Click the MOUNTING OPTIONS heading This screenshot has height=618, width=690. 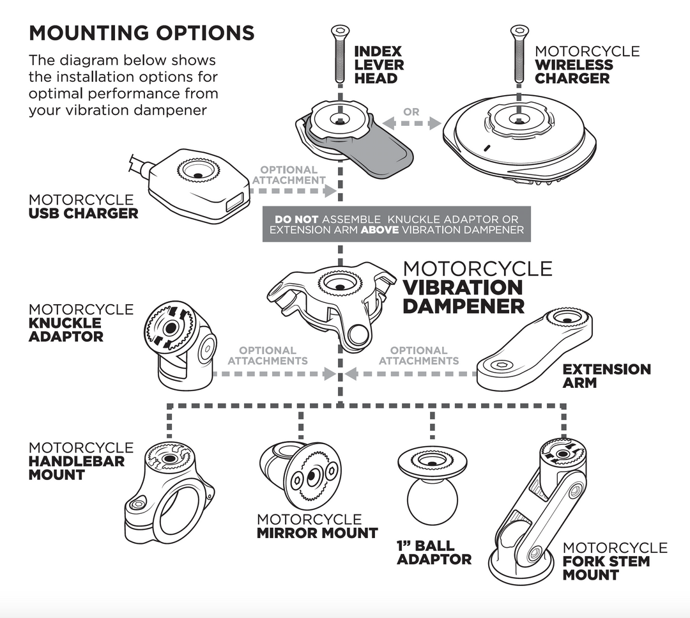(x=141, y=33)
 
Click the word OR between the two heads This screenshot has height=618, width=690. (x=411, y=112)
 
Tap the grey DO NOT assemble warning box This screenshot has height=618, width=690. (x=396, y=224)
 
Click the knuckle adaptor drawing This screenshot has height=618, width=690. (x=178, y=345)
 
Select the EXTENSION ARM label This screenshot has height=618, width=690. (x=606, y=376)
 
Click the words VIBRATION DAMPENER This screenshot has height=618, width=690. (x=463, y=296)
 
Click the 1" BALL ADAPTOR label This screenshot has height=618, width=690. (x=434, y=552)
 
